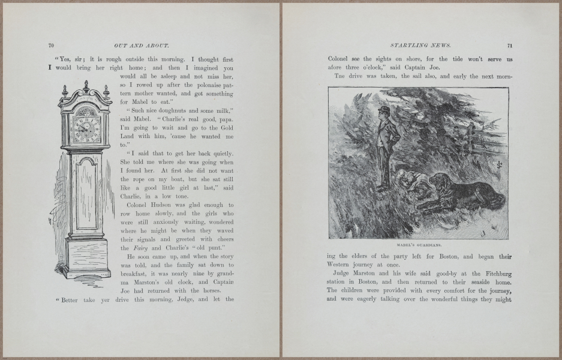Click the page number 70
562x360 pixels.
(x=52, y=45)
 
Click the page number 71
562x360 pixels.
(x=509, y=45)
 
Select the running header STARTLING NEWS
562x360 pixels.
(x=416, y=45)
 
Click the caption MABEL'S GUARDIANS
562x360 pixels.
(x=418, y=245)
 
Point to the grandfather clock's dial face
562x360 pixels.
(x=83, y=128)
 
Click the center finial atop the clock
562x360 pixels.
(x=86, y=85)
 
